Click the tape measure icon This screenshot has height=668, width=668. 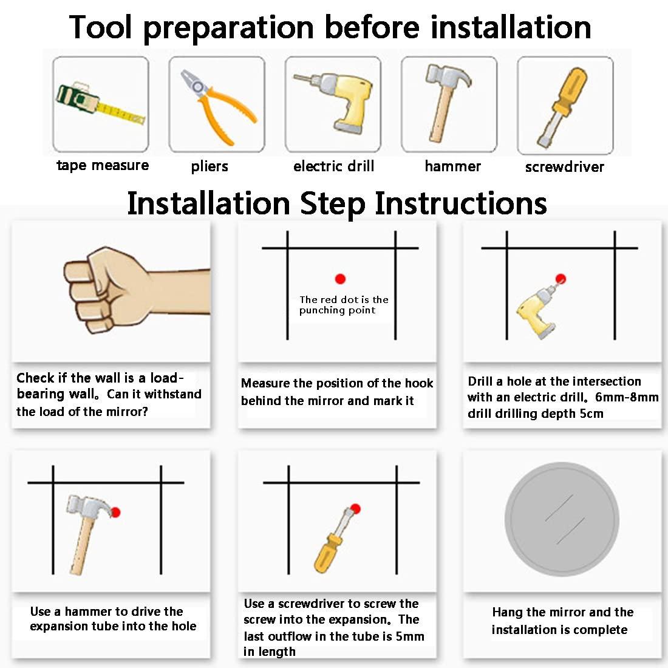coord(101,104)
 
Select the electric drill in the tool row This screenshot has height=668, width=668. coord(333,102)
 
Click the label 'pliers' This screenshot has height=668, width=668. coord(209,166)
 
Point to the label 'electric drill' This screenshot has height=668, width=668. coord(333,166)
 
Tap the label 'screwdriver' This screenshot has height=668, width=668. coord(565,166)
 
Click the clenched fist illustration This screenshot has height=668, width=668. coord(137,290)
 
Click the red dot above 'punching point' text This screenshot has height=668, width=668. coord(340,279)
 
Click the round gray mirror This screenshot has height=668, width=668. coord(562,519)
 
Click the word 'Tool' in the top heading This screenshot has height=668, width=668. coord(101,27)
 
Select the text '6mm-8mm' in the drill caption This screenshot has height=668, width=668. coord(627,397)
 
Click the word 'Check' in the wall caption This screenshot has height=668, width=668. coord(35,378)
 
